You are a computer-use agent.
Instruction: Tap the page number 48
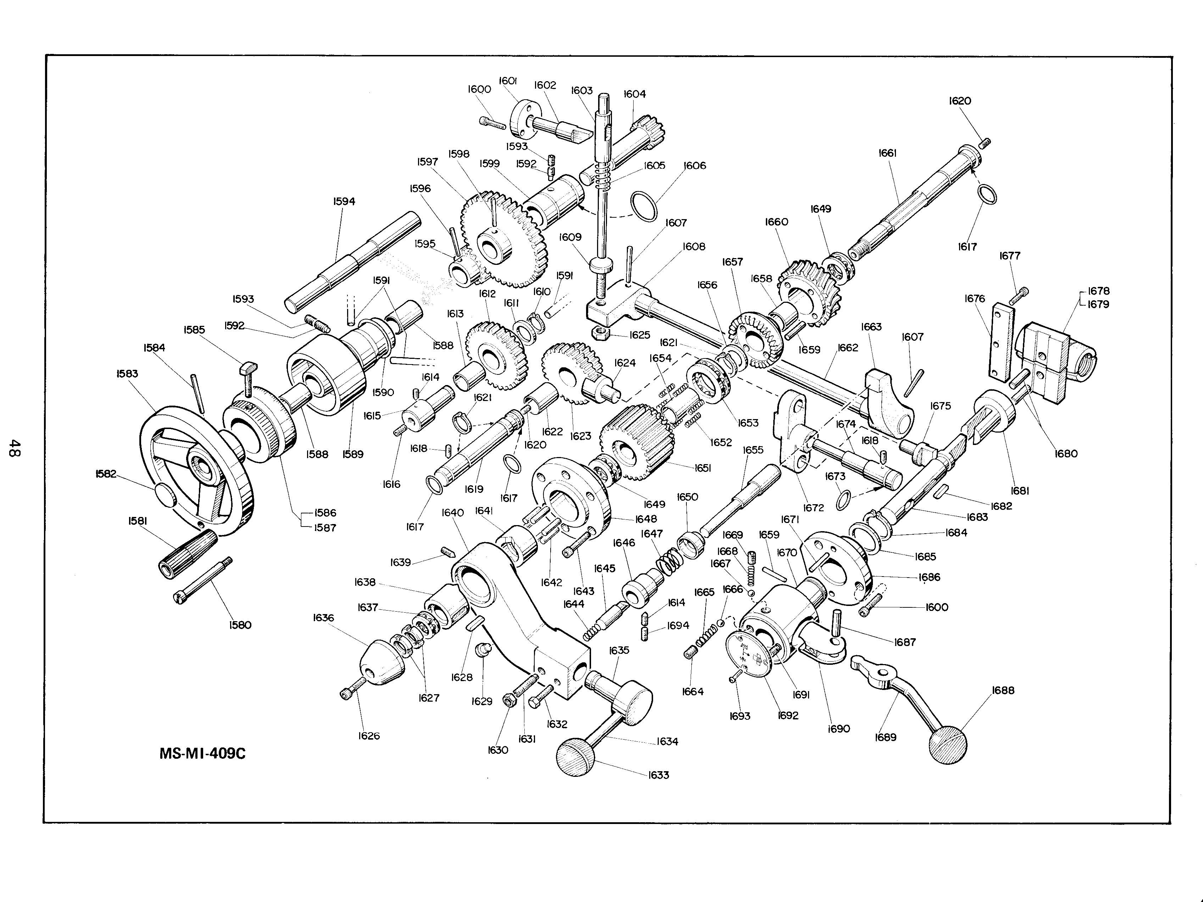point(15,449)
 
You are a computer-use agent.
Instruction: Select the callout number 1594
point(344,201)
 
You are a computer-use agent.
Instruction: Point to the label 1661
point(887,153)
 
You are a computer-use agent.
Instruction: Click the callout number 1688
point(1003,690)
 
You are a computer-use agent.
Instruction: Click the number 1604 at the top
point(635,94)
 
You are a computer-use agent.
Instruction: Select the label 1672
point(814,508)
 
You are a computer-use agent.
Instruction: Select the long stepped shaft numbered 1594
point(353,262)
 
